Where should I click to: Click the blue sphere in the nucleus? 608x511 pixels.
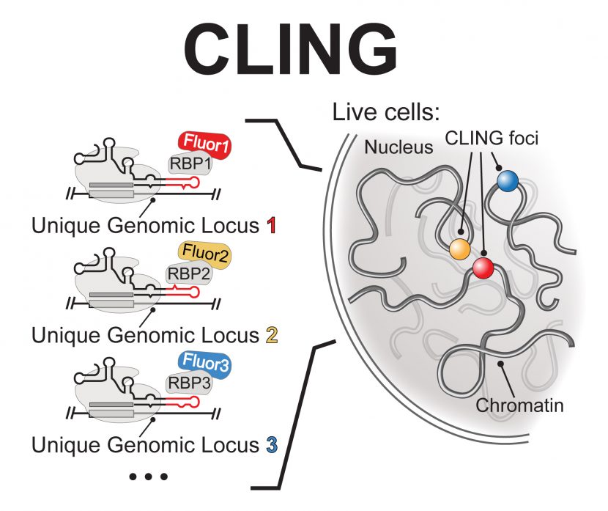tap(506, 181)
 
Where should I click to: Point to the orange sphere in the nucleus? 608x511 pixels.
tap(459, 249)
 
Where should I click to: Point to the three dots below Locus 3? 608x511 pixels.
tap(148, 477)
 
